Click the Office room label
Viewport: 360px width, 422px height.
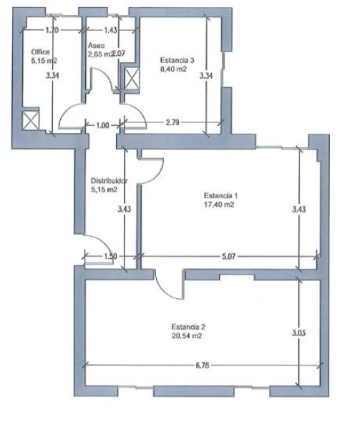(40, 51)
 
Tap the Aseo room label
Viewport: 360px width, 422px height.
(97, 46)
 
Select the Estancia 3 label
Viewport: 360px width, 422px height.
(177, 60)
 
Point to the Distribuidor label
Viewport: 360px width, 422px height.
(109, 180)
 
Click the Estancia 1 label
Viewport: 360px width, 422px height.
(220, 195)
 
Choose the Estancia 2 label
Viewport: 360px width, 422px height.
(188, 327)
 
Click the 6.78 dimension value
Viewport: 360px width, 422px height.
(203, 365)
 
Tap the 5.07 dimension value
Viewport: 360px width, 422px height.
(228, 257)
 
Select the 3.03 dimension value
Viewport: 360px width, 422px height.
(298, 333)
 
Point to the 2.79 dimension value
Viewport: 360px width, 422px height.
(172, 123)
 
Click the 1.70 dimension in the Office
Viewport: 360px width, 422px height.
(52, 30)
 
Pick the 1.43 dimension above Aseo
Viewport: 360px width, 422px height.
(111, 30)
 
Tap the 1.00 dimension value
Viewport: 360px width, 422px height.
(102, 125)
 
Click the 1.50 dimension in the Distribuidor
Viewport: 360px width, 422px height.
(111, 257)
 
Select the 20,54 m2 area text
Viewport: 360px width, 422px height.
(187, 336)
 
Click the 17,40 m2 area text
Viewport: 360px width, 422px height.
(219, 205)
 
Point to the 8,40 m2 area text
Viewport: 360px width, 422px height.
(173, 69)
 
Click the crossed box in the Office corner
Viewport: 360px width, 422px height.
(31, 119)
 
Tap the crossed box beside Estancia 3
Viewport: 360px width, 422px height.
(132, 79)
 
